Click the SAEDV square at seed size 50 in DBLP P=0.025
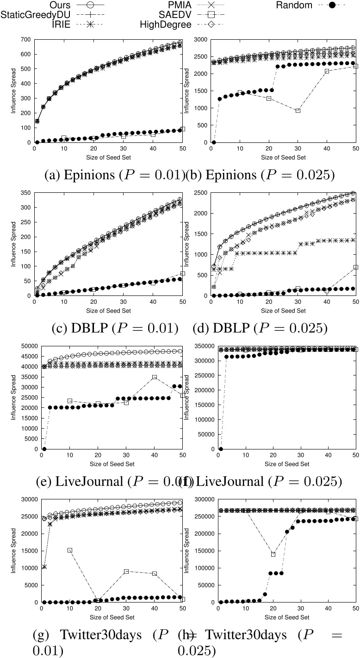(355, 267)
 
